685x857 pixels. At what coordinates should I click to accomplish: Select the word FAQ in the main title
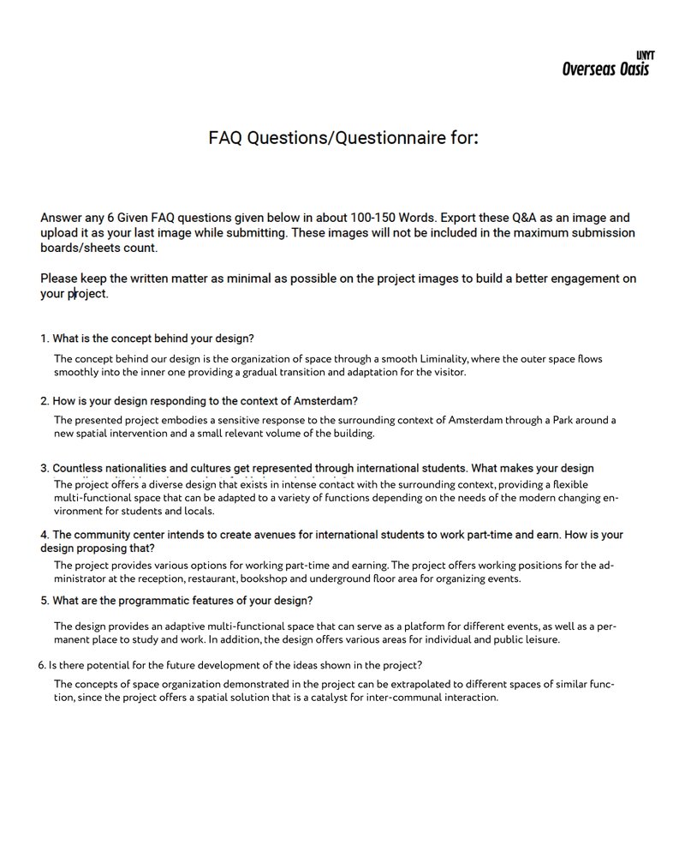(x=226, y=137)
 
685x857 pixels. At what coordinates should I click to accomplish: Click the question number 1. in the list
(x=45, y=339)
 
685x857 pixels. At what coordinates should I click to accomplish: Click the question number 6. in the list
(x=42, y=665)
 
